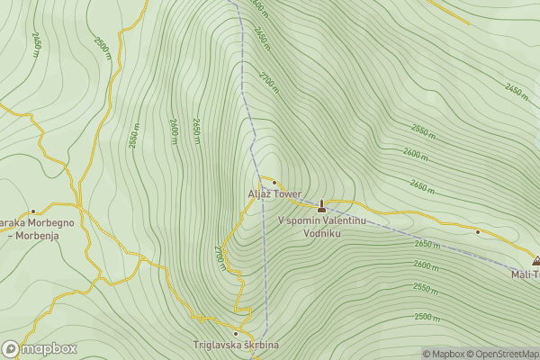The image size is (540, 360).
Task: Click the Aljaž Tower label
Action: coord(274,193)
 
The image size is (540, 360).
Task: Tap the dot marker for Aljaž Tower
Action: coord(274,183)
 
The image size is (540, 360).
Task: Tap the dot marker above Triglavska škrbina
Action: coord(236,333)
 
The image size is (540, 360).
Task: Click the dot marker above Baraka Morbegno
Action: coord(34,211)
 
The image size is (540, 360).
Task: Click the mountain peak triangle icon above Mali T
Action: coord(535,261)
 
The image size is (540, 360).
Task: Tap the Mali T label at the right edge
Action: coord(525,274)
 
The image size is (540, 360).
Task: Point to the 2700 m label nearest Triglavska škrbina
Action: coord(220,256)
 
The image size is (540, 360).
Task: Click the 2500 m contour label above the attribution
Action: coord(429,317)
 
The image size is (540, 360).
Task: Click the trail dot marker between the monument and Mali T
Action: coord(478,231)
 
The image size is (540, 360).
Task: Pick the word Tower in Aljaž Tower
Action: coord(288,193)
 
